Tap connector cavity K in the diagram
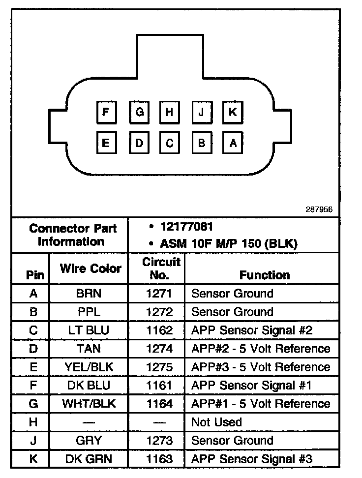(x=232, y=113)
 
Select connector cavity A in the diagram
(x=233, y=143)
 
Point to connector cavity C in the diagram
(x=169, y=143)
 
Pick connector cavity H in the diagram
(x=169, y=113)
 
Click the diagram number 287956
(x=319, y=209)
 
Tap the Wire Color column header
(x=90, y=269)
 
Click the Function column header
(x=265, y=275)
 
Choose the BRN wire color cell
(x=89, y=294)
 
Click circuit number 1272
(x=159, y=312)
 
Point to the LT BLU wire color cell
(x=89, y=330)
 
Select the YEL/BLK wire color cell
(x=89, y=367)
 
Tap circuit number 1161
(x=159, y=385)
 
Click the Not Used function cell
(x=216, y=422)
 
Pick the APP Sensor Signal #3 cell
(x=251, y=459)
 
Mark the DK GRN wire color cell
(x=89, y=459)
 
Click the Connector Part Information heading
(x=72, y=235)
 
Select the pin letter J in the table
(x=33, y=441)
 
